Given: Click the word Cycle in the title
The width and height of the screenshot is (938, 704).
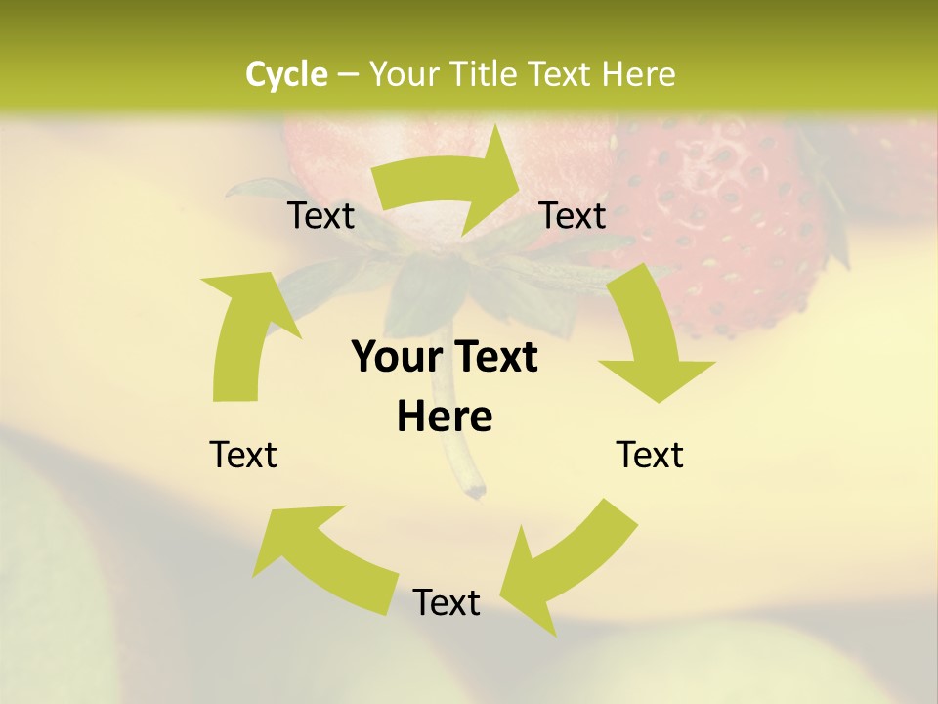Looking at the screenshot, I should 286,73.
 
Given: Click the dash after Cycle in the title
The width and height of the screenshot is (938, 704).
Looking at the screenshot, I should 348,74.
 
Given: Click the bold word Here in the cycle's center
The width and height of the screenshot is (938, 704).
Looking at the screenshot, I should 445,418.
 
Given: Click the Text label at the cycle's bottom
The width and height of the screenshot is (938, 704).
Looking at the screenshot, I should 447,602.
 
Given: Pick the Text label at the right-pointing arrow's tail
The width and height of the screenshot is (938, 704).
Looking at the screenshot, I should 320,215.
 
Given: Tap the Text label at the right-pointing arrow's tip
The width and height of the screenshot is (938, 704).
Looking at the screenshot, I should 573,215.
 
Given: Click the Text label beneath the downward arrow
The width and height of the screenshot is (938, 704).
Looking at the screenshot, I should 650,455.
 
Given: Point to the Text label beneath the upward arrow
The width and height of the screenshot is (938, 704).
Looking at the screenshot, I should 243,455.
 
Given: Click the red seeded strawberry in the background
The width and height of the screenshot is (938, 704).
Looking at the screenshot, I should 723,225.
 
